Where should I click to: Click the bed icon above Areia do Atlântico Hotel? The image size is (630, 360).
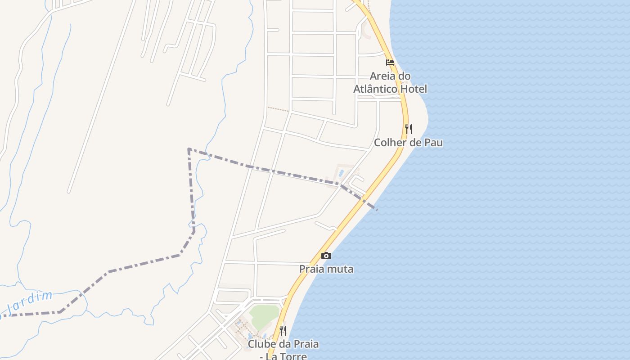(390, 63)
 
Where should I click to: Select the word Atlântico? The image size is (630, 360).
(375, 89)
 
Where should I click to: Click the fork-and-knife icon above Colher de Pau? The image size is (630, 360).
(409, 129)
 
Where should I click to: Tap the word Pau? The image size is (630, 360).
(433, 143)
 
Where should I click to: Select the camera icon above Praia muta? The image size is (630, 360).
(326, 256)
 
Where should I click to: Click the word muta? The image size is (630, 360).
(341, 269)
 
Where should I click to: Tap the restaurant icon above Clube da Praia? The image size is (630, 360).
(283, 331)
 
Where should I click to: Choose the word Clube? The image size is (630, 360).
(261, 344)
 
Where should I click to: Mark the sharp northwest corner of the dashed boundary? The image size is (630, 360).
(189, 148)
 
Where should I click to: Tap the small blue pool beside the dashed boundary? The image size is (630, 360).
(341, 173)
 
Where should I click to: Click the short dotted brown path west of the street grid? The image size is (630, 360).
(278, 109)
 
